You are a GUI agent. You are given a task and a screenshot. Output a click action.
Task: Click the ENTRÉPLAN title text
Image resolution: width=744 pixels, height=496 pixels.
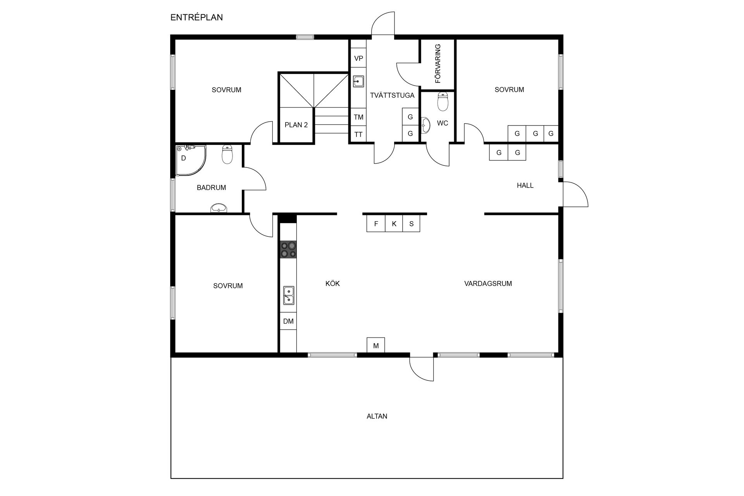[196, 17]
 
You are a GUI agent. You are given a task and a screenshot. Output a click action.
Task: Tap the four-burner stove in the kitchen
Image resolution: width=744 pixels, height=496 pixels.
[288, 249]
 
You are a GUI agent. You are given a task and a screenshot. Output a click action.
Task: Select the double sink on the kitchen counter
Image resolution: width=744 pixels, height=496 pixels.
[288, 295]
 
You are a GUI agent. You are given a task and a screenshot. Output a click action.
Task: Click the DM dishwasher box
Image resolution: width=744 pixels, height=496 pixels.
[288, 321]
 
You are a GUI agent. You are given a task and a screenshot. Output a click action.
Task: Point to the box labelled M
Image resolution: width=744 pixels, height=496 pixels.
[376, 345]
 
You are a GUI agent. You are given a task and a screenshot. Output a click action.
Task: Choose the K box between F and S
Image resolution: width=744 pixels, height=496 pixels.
[394, 224]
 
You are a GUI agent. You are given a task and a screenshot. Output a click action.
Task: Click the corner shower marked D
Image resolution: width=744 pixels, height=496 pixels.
[189, 159]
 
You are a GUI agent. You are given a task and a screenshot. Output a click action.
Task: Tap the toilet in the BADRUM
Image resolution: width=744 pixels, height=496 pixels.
[227, 154]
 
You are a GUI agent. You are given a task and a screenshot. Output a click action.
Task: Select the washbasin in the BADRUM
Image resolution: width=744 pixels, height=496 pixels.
[219, 208]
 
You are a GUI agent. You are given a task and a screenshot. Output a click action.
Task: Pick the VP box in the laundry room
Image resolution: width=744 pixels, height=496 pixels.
[358, 59]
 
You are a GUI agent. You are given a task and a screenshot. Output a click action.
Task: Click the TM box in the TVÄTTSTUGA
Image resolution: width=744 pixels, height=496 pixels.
[358, 117]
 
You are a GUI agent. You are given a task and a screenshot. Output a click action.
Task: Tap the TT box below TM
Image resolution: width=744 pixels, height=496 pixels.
[358, 134]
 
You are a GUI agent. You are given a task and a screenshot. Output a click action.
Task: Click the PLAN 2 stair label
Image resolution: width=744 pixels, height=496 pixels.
[296, 125]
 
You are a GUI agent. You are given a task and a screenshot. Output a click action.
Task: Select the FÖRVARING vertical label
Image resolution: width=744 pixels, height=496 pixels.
[438, 64]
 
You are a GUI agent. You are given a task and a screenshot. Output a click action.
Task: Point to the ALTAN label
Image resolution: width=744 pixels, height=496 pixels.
[377, 417]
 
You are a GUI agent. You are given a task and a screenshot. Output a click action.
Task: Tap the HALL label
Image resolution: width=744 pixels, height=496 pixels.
[525, 186]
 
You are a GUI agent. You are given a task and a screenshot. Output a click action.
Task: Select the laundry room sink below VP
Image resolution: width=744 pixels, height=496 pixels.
[358, 81]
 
